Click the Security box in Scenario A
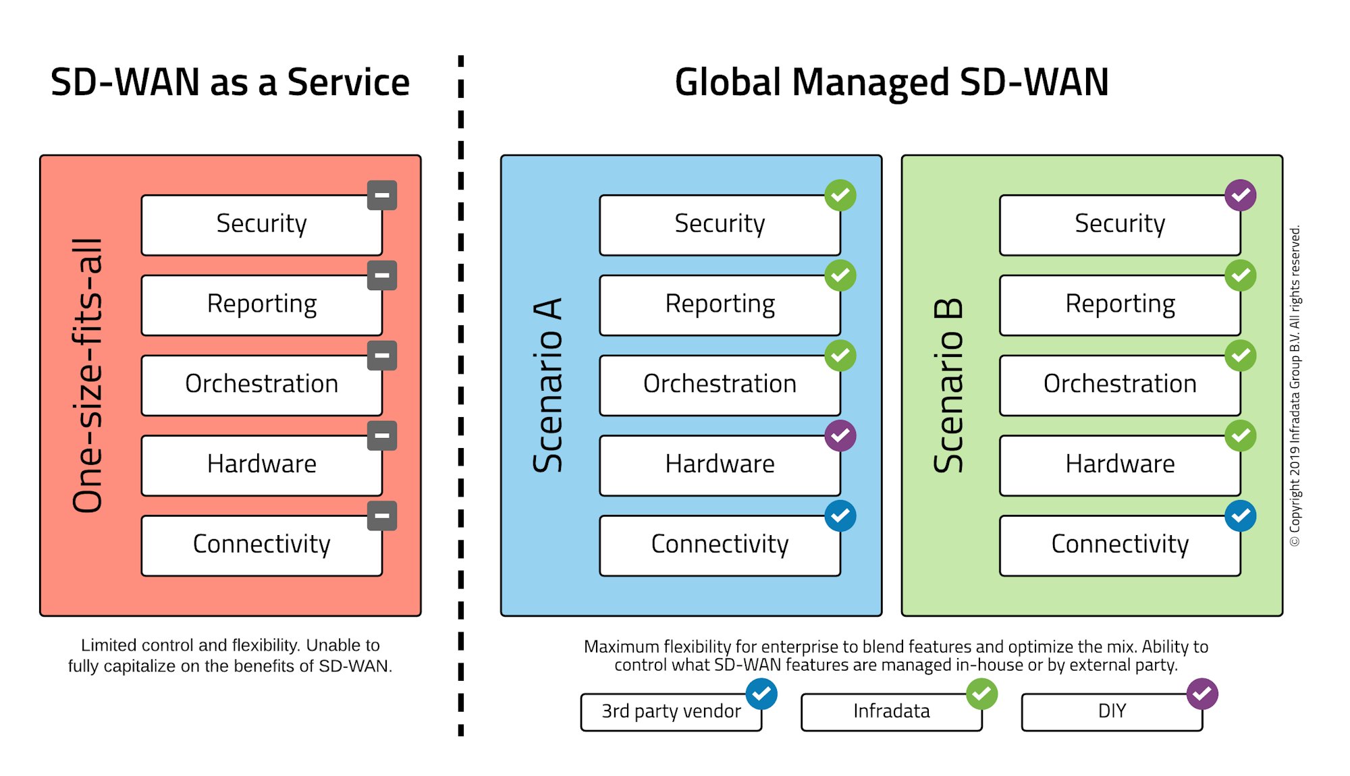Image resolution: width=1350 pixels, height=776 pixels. [x=720, y=225]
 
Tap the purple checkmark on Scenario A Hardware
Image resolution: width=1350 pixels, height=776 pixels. [x=840, y=436]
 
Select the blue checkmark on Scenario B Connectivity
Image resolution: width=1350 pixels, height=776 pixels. [x=1240, y=516]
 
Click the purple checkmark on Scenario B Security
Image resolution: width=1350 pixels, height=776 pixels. [x=1240, y=196]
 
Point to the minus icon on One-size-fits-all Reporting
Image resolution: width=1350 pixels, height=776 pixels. [x=382, y=275]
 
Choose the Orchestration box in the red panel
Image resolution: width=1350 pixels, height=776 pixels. [x=261, y=385]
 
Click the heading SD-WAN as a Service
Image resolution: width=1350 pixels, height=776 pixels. [x=230, y=82]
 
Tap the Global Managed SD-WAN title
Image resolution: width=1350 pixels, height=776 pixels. [x=891, y=82]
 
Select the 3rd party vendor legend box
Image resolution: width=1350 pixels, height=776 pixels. [x=671, y=712]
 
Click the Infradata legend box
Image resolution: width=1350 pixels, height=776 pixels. [x=891, y=712]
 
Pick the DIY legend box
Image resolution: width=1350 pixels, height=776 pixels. [x=1111, y=712]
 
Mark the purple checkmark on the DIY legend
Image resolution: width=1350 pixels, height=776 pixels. [x=1202, y=694]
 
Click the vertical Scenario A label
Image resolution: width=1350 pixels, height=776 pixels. [x=548, y=385]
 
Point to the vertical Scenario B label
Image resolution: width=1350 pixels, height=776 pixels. [x=948, y=385]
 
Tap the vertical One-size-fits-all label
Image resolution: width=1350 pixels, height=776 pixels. [x=88, y=375]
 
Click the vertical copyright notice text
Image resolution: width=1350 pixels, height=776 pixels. [x=1295, y=386]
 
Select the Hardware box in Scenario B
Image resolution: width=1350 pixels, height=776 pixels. [x=1119, y=465]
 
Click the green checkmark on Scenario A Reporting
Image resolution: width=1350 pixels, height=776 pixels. [x=840, y=275]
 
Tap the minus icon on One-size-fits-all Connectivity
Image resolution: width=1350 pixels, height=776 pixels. [x=382, y=516]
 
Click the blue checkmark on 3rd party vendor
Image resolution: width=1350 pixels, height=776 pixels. [x=761, y=694]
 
